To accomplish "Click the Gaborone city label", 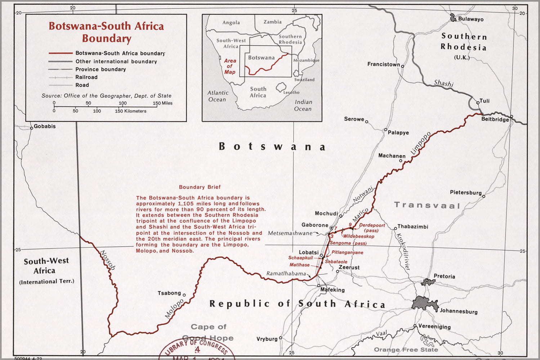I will [314, 225].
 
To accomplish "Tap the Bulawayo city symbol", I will [453, 17].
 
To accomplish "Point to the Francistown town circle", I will [402, 66].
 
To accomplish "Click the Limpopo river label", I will [421, 144].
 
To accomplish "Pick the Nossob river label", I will [107, 260].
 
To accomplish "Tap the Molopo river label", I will [174, 309].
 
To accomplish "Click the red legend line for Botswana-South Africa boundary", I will [61, 53].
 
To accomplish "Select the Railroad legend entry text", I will [86, 77].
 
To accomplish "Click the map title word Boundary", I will [106, 39].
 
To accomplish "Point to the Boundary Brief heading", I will [200, 187].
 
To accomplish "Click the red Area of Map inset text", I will [230, 66].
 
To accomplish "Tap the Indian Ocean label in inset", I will [303, 105].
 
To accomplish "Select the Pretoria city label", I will [444, 276].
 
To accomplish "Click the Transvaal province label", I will [427, 205].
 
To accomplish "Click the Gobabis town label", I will [45, 126].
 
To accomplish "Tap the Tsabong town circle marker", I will [184, 295].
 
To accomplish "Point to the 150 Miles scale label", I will [163, 103].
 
